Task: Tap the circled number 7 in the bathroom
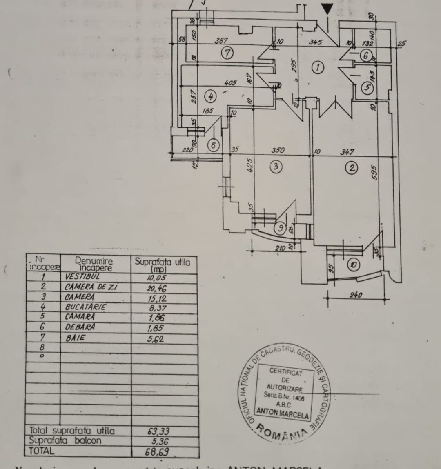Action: pyautogui.click(x=227, y=53)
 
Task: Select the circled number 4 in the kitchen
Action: pyautogui.click(x=210, y=96)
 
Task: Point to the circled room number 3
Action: pyautogui.click(x=276, y=167)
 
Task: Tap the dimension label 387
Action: pyautogui.click(x=221, y=41)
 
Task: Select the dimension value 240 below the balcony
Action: pyautogui.click(x=355, y=295)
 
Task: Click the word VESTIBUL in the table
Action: pyautogui.click(x=82, y=277)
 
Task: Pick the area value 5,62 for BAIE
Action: pyautogui.click(x=156, y=338)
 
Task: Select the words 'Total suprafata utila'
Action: pyautogui.click(x=72, y=431)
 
